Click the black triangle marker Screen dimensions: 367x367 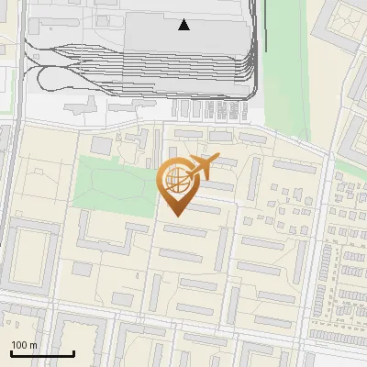(184, 25)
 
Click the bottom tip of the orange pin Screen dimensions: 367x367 (175, 217)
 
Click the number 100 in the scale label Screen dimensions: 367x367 (21, 346)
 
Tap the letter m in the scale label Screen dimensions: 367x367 (35, 346)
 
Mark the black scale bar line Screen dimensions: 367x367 (42, 353)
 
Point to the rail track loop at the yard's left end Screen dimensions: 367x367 (37, 78)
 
